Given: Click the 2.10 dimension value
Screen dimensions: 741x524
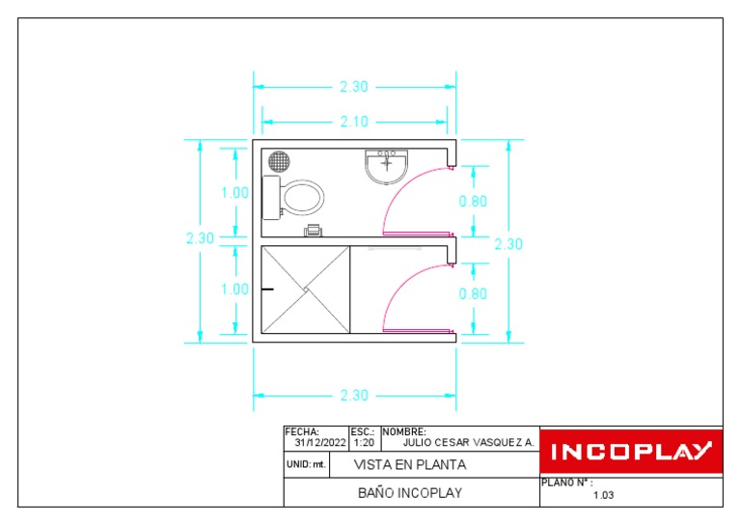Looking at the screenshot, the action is tap(354, 122).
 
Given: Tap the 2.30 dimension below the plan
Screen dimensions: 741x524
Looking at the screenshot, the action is tap(354, 395).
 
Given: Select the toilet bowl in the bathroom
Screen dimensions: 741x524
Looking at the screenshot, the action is tap(303, 198).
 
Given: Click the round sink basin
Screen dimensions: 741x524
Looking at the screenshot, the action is tap(387, 167).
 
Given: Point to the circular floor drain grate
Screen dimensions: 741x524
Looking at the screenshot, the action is tap(279, 161).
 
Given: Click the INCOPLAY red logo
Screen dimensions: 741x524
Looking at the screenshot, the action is tap(631, 451).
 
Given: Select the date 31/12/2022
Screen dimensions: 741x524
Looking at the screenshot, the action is tap(320, 443).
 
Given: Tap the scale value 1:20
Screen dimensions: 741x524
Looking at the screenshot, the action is tap(364, 443).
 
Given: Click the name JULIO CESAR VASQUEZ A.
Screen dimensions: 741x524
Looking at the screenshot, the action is tap(468, 443).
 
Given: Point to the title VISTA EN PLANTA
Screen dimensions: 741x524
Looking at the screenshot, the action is tap(410, 465).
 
